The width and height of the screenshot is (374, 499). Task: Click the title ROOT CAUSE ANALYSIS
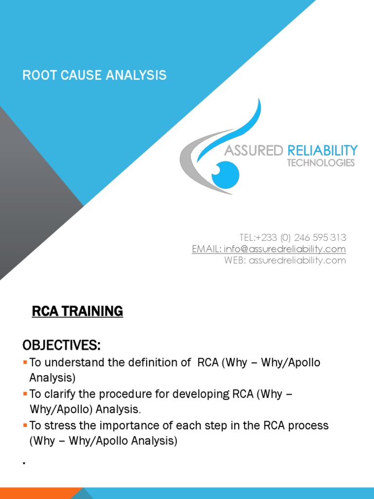click(94, 76)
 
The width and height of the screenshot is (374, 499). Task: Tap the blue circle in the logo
click(225, 174)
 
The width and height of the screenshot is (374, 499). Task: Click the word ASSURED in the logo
click(253, 151)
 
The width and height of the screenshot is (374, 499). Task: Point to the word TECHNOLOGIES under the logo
click(321, 163)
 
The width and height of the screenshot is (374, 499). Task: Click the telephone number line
click(293, 238)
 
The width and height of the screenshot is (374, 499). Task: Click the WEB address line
click(285, 260)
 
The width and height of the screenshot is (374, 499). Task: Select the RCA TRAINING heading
click(77, 311)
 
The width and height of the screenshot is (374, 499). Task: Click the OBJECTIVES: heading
click(62, 346)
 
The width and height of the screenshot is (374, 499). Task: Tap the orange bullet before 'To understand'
click(25, 363)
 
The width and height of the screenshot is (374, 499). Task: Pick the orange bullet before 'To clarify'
click(25, 394)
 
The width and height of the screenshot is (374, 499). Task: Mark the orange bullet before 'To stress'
click(25, 425)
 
